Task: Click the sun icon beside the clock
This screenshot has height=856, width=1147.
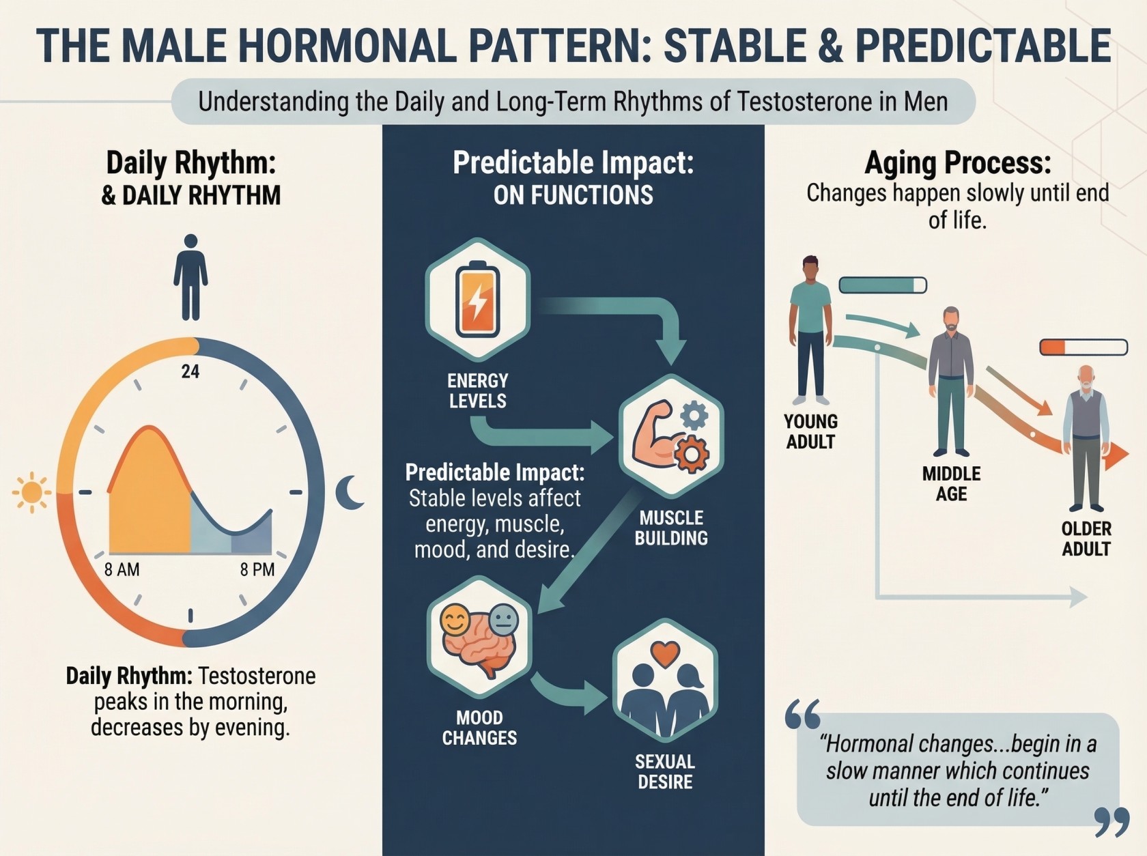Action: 32,492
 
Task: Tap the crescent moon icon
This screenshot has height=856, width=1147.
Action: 349,492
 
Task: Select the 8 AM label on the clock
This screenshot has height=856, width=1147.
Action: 122,569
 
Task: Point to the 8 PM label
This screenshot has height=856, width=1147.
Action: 257,569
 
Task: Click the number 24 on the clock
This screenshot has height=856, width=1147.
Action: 190,371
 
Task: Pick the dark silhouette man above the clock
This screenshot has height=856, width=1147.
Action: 190,277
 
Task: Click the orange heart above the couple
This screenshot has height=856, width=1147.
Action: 665,654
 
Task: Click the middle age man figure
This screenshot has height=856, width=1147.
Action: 951,382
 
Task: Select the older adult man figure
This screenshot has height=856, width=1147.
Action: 1086,438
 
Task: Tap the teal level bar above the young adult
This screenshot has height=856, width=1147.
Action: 883,285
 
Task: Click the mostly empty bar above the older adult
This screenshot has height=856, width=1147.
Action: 1084,347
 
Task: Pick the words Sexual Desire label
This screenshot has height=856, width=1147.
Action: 665,771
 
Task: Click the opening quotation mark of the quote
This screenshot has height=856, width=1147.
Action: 802,714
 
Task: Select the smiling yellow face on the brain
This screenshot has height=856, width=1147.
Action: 455,620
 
